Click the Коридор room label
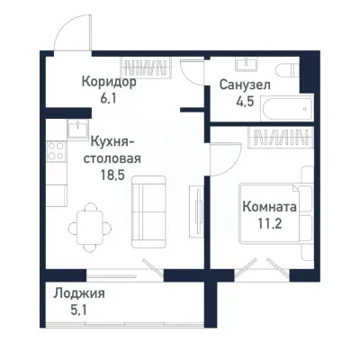[108, 81]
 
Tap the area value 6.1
[108, 97]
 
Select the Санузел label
[243, 85]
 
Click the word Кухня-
[113, 141]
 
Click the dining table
[87, 221]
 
